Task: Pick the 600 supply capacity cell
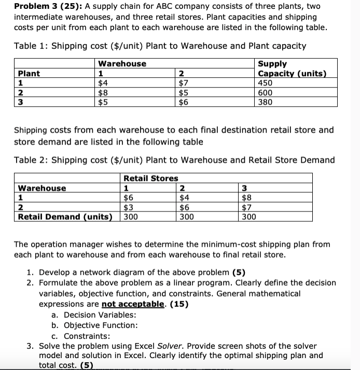click(267, 93)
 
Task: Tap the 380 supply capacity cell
click(267, 102)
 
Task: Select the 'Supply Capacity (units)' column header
click(292, 68)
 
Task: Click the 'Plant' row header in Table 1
click(29, 74)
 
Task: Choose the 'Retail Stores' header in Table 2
click(150, 178)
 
